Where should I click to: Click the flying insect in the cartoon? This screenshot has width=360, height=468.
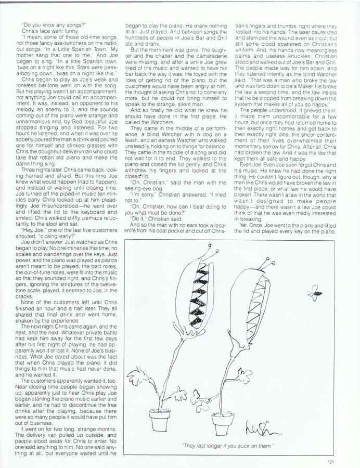click(315, 294)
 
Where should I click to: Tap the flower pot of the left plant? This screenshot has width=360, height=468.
click(159, 420)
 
